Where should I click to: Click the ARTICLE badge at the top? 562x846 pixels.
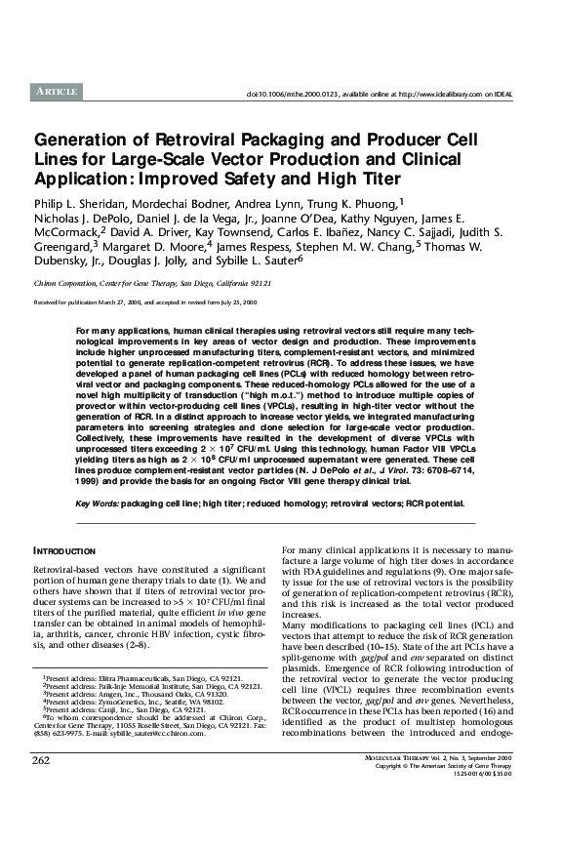[57, 91]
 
